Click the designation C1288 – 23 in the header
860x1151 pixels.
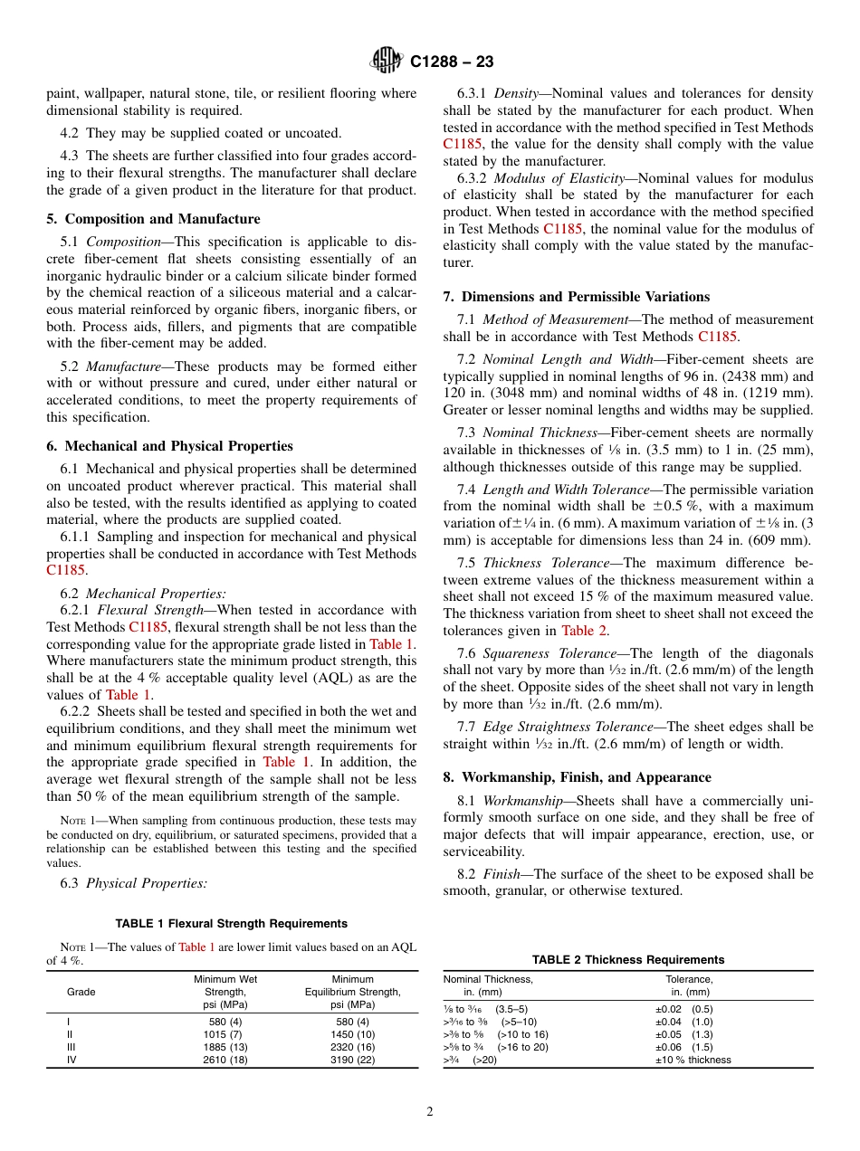tap(452, 62)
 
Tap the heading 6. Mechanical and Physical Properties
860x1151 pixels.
tap(170, 445)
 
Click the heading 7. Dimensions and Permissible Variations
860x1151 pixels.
tap(577, 296)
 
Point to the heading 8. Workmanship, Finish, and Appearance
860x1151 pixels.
tap(577, 776)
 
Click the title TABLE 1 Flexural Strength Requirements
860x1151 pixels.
tap(232, 924)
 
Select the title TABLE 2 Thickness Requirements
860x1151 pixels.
tap(627, 959)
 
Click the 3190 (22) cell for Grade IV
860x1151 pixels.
tap(352, 1059)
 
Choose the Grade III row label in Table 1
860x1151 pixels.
tap(71, 1046)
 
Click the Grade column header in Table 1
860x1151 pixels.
tap(81, 992)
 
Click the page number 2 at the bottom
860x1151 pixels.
tap(430, 1112)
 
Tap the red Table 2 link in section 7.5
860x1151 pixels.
tap(584, 630)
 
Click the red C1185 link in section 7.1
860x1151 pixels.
tap(718, 337)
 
